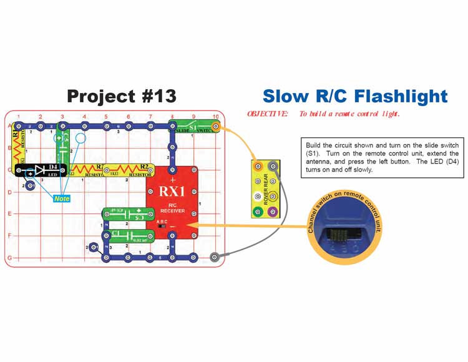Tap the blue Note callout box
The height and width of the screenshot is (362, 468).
point(62,198)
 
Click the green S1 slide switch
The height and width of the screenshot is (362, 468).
point(194,127)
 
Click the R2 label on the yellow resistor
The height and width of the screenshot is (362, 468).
point(144,167)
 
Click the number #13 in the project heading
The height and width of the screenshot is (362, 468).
point(156,96)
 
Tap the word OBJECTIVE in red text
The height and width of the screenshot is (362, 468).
point(268,114)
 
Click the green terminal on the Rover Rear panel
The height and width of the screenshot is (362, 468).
point(258,212)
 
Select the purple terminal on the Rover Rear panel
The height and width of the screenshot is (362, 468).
point(273,212)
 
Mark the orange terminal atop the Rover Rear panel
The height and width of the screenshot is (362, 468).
point(258,166)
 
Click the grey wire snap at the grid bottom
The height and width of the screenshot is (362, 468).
point(215,257)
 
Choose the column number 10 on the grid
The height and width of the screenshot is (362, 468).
point(215,117)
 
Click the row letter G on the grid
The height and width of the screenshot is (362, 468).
point(10,257)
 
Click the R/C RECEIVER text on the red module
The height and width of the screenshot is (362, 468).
point(172,207)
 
